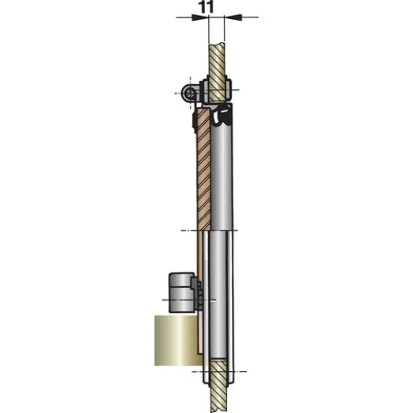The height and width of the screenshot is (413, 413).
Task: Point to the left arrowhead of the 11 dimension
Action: (x=202, y=17)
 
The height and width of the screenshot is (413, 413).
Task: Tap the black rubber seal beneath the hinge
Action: (x=223, y=116)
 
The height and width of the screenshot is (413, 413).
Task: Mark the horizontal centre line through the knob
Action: (x=167, y=300)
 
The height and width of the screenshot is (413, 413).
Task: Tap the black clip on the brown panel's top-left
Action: (x=195, y=121)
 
